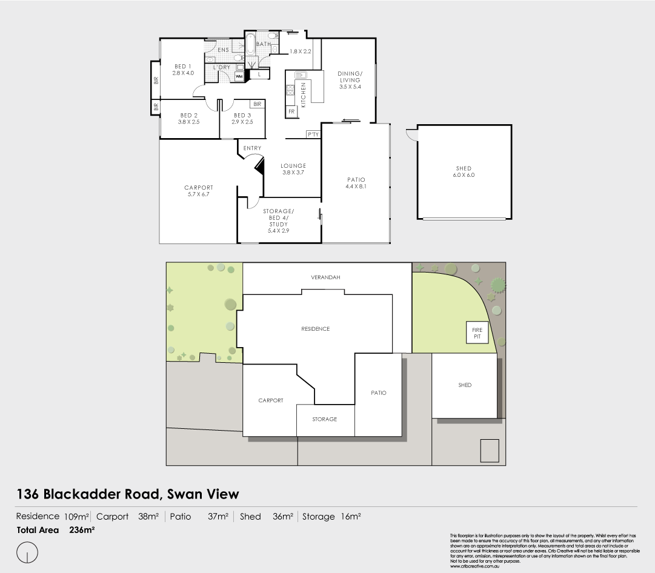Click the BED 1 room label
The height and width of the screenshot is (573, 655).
pyautogui.click(x=182, y=70)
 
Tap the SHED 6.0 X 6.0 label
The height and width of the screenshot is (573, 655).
pyautogui.click(x=464, y=171)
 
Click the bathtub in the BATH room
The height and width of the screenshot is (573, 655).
pyautogui.click(x=250, y=46)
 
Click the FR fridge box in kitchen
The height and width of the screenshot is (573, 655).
pyautogui.click(x=291, y=112)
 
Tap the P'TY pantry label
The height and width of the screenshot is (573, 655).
pyautogui.click(x=313, y=134)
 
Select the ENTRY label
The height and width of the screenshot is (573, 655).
pyautogui.click(x=252, y=148)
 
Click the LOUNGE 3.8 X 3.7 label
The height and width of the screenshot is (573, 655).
pyautogui.click(x=293, y=169)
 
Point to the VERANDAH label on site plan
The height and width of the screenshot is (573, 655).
pyautogui.click(x=326, y=277)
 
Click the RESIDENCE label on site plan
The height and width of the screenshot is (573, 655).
pyautogui.click(x=315, y=329)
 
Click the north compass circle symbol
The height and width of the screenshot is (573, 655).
pyautogui.click(x=28, y=552)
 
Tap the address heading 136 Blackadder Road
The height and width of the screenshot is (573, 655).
pyautogui.click(x=128, y=494)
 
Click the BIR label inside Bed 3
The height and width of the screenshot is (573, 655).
pyautogui.click(x=257, y=105)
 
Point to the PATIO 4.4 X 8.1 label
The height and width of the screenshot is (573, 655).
pyautogui.click(x=356, y=183)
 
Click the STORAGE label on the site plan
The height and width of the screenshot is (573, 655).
pyautogui.click(x=324, y=419)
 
